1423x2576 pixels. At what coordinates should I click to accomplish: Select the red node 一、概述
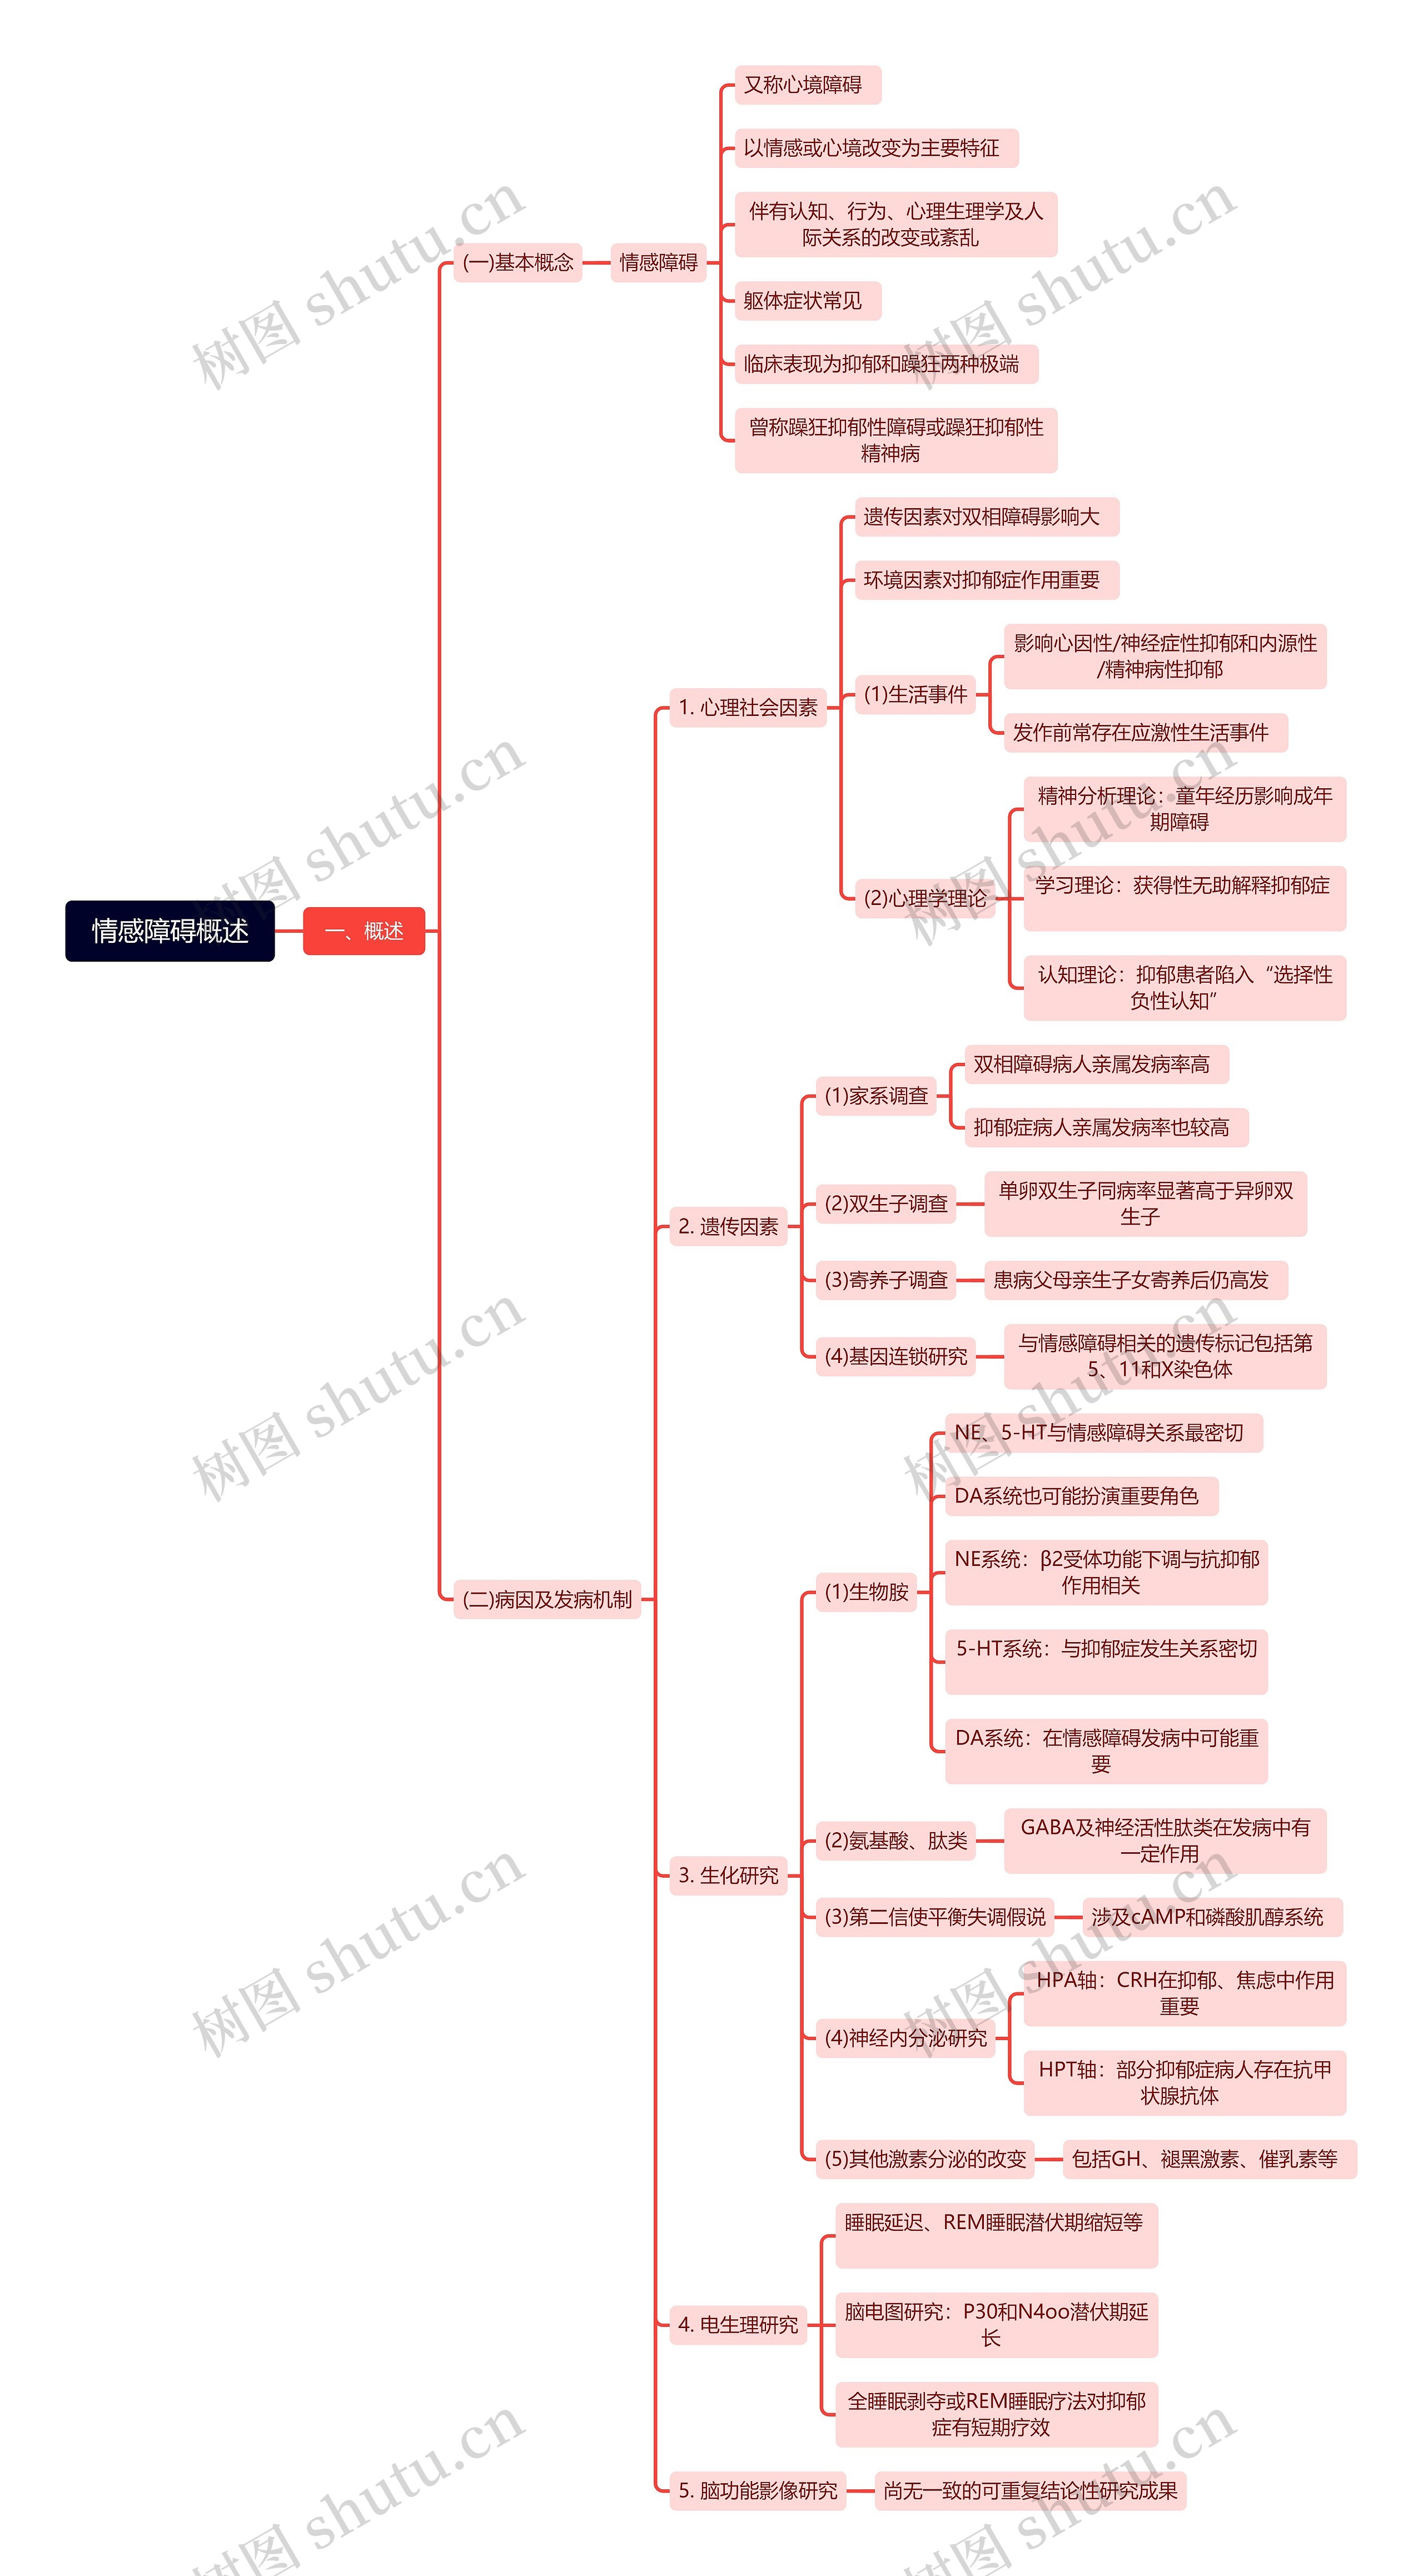(x=364, y=931)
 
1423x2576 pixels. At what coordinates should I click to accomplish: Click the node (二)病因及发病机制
(x=547, y=1599)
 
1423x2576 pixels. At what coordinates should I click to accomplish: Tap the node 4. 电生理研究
(x=738, y=2325)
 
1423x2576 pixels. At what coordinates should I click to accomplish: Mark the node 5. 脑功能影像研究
(x=757, y=2490)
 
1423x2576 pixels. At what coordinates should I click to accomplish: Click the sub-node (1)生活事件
(x=915, y=694)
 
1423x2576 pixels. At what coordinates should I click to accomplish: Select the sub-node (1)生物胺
(x=866, y=1592)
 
